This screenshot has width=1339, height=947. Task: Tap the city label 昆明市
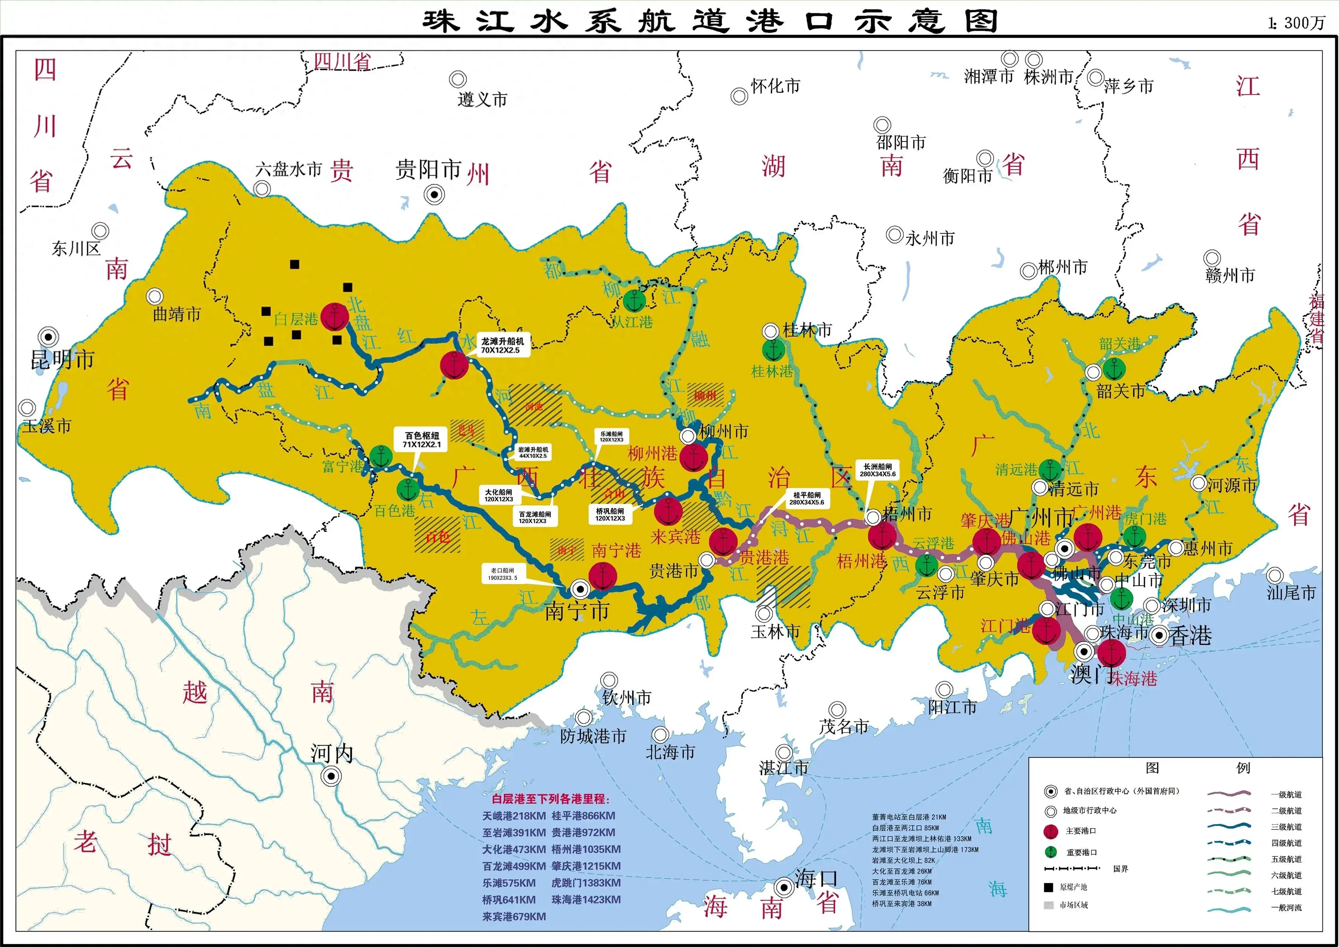coord(62,360)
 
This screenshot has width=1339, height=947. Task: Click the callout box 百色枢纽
coord(422,440)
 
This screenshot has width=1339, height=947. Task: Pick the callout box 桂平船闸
coord(806,498)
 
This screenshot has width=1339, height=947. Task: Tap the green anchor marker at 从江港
coord(634,301)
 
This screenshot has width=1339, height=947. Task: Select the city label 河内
coord(332,753)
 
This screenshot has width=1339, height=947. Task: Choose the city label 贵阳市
coord(428,170)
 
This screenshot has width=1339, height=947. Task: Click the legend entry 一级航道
coord(1286,795)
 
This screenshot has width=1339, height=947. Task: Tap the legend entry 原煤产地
coord(1073,887)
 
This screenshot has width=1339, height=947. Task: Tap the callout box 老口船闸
coord(502,574)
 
